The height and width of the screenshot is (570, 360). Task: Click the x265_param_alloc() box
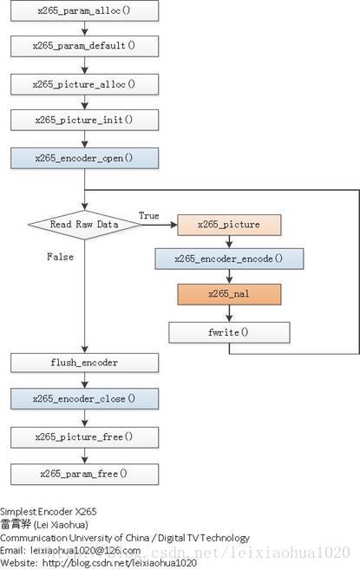pos(84,10)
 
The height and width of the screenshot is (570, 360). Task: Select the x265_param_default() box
pos(84,46)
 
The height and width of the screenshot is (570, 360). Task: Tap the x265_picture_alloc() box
pos(84,84)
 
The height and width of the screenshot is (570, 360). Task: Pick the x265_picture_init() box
pos(84,120)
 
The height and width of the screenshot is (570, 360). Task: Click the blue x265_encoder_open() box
pos(84,158)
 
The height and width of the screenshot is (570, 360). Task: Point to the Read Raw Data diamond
pos(84,225)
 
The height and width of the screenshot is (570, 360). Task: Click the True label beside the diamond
pos(149,215)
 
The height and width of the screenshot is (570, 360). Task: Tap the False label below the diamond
pos(61,257)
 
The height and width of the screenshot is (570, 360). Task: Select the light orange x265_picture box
pos(229,225)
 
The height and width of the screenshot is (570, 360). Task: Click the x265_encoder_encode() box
pos(229,259)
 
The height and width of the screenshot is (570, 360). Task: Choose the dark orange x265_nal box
pos(229,294)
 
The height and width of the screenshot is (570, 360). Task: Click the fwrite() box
pos(229,332)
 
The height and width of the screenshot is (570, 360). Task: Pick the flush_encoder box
pos(84,363)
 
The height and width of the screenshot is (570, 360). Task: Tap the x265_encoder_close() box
pos(84,399)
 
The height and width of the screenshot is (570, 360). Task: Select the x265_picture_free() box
pos(84,437)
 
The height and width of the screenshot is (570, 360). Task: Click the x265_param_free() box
pos(84,474)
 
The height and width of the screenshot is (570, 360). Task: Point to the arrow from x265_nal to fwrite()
pos(229,313)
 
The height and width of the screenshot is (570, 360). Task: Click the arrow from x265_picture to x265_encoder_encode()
pos(229,242)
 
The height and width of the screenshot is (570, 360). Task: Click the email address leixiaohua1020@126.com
pos(86,550)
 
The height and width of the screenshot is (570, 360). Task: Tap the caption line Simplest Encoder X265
pos(49,512)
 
